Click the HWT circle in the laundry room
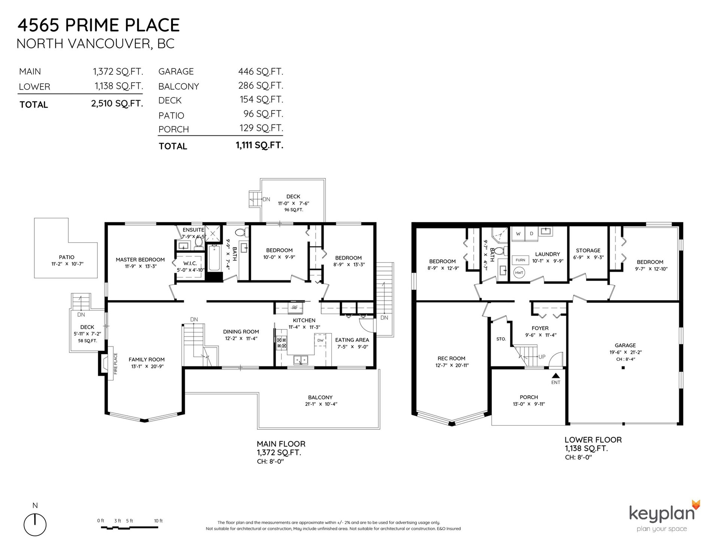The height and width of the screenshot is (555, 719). (x=519, y=273)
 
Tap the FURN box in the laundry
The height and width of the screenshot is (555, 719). (x=520, y=260)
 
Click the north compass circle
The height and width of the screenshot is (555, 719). (x=35, y=524)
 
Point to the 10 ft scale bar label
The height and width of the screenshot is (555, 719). (x=158, y=521)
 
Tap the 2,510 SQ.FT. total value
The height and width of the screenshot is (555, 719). (x=117, y=103)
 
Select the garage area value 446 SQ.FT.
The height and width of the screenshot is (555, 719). (x=261, y=71)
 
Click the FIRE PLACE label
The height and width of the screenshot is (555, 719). (x=116, y=364)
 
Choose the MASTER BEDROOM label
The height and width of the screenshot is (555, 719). (x=140, y=260)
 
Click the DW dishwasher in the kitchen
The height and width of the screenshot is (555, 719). (x=320, y=340)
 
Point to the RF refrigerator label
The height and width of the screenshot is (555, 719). (x=295, y=308)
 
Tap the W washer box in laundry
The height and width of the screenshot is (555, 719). (x=518, y=234)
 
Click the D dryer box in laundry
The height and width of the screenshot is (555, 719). (x=531, y=234)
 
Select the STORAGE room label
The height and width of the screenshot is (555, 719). (x=588, y=251)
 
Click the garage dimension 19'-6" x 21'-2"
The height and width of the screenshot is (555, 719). (x=625, y=352)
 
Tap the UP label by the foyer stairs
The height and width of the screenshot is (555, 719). (x=541, y=357)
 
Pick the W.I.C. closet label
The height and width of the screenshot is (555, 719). (x=190, y=264)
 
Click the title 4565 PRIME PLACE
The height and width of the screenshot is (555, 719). (x=99, y=25)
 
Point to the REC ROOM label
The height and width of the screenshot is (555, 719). (x=451, y=358)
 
